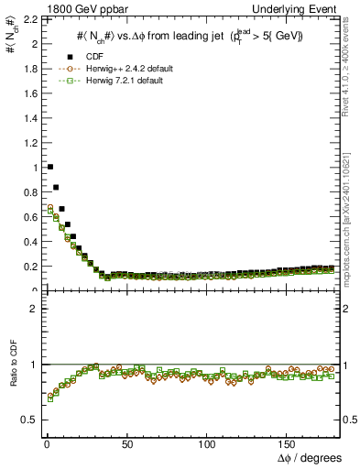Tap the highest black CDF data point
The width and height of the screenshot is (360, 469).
tap(49, 167)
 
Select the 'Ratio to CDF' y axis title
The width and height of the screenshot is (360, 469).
tap(13, 386)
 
